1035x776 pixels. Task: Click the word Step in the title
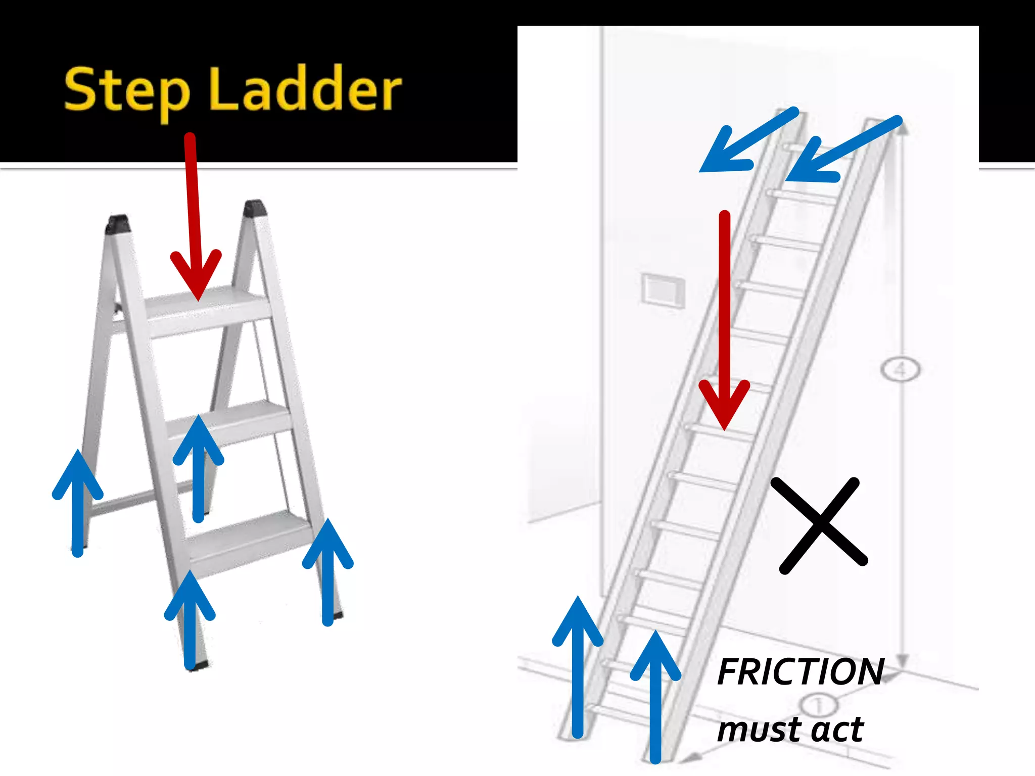(126, 91)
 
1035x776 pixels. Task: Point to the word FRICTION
(801, 672)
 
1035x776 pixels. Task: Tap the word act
(836, 730)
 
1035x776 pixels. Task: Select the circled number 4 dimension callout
(900, 370)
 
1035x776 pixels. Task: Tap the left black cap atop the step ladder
(117, 224)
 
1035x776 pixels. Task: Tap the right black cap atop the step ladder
(254, 208)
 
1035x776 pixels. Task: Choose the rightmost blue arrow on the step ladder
(328, 571)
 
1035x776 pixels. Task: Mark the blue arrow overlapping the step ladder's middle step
(199, 467)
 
